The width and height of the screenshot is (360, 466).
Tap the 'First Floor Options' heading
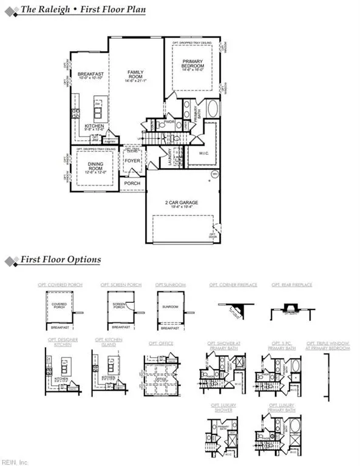click(61, 260)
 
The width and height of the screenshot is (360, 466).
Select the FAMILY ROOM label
click(135, 75)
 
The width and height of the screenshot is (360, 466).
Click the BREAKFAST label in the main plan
click(92, 75)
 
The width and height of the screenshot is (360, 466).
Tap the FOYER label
click(132, 161)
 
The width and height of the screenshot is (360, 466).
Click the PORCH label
click(132, 183)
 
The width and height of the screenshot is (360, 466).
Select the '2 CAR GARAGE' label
click(182, 203)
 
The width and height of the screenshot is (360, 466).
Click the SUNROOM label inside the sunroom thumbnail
click(170, 307)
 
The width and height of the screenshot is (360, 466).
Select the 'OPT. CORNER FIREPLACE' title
click(233, 284)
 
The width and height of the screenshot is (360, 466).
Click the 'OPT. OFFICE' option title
click(161, 343)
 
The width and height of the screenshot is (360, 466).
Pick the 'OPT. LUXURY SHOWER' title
click(225, 406)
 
